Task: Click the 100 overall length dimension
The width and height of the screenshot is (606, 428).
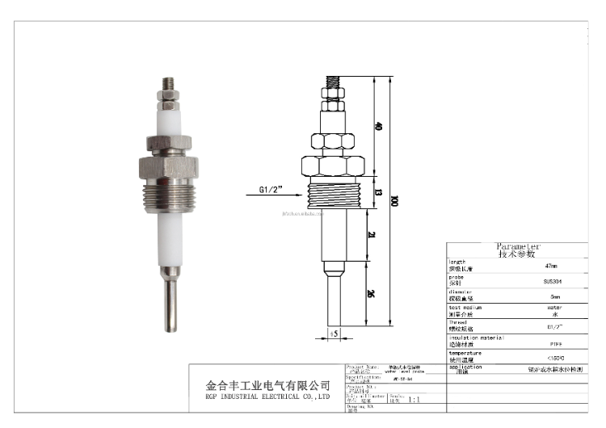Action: pyautogui.click(x=394, y=201)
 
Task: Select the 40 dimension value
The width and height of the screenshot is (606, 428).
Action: pyautogui.click(x=378, y=127)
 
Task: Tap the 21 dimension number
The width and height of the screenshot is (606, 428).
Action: pyautogui.click(x=371, y=235)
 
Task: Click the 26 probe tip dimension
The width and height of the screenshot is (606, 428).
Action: pyautogui.click(x=371, y=294)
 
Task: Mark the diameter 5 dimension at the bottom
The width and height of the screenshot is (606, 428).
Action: pyautogui.click(x=335, y=333)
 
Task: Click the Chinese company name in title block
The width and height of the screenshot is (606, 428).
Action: pyautogui.click(x=267, y=385)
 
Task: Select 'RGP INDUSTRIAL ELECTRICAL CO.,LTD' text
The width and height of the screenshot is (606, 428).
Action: pyautogui.click(x=267, y=397)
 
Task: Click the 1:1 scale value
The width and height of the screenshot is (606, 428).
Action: pyautogui.click(x=414, y=399)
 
